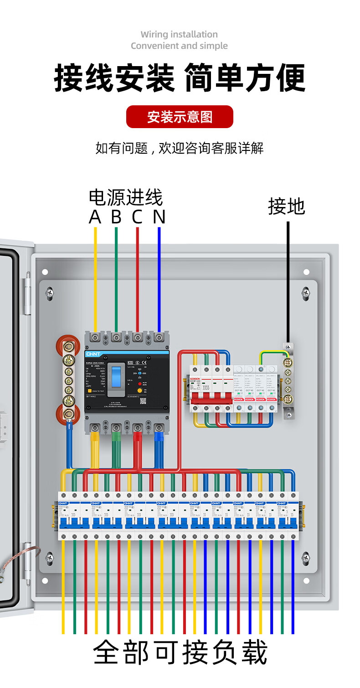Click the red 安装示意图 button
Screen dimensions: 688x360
[x=180, y=117]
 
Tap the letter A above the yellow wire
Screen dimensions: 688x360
[x=95, y=217]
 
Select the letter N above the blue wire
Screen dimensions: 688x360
[x=159, y=217]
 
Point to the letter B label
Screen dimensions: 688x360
[x=116, y=217]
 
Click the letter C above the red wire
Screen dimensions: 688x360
[x=137, y=217]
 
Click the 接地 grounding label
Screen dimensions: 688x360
[x=286, y=207]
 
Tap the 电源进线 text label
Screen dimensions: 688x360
[x=126, y=197]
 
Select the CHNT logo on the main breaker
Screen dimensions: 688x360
[x=93, y=354]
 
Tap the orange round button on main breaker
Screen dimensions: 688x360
[x=140, y=391]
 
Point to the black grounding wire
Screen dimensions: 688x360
[x=288, y=283]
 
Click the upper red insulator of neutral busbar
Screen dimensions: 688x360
[x=65, y=345]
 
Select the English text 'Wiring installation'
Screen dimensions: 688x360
[x=179, y=34]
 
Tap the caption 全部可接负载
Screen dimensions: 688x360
[x=180, y=652]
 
